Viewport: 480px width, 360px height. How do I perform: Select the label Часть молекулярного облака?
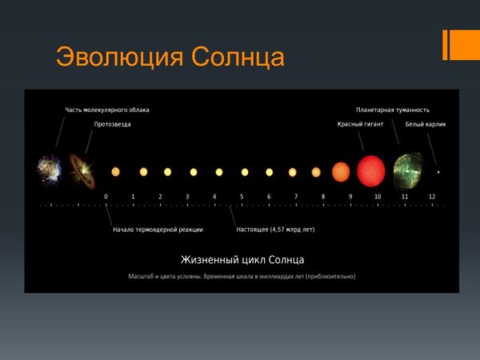(106, 110)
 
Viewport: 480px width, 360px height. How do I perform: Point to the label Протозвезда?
(113, 124)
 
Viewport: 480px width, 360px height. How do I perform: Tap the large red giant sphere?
(371, 171)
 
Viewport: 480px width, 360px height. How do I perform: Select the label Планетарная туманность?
(393, 110)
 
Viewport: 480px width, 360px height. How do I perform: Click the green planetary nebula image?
(408, 171)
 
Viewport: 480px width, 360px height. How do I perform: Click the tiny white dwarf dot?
(438, 172)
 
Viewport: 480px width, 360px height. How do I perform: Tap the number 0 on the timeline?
(106, 196)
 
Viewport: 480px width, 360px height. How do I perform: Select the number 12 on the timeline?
(432, 196)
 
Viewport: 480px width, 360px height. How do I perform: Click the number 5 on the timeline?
(242, 196)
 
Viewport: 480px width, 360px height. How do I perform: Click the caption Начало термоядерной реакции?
(158, 230)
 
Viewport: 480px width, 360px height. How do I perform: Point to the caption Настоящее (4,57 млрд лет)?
(275, 230)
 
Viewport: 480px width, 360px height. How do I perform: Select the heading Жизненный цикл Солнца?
(242, 260)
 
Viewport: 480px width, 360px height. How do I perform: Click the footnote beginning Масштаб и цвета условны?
(242, 277)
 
